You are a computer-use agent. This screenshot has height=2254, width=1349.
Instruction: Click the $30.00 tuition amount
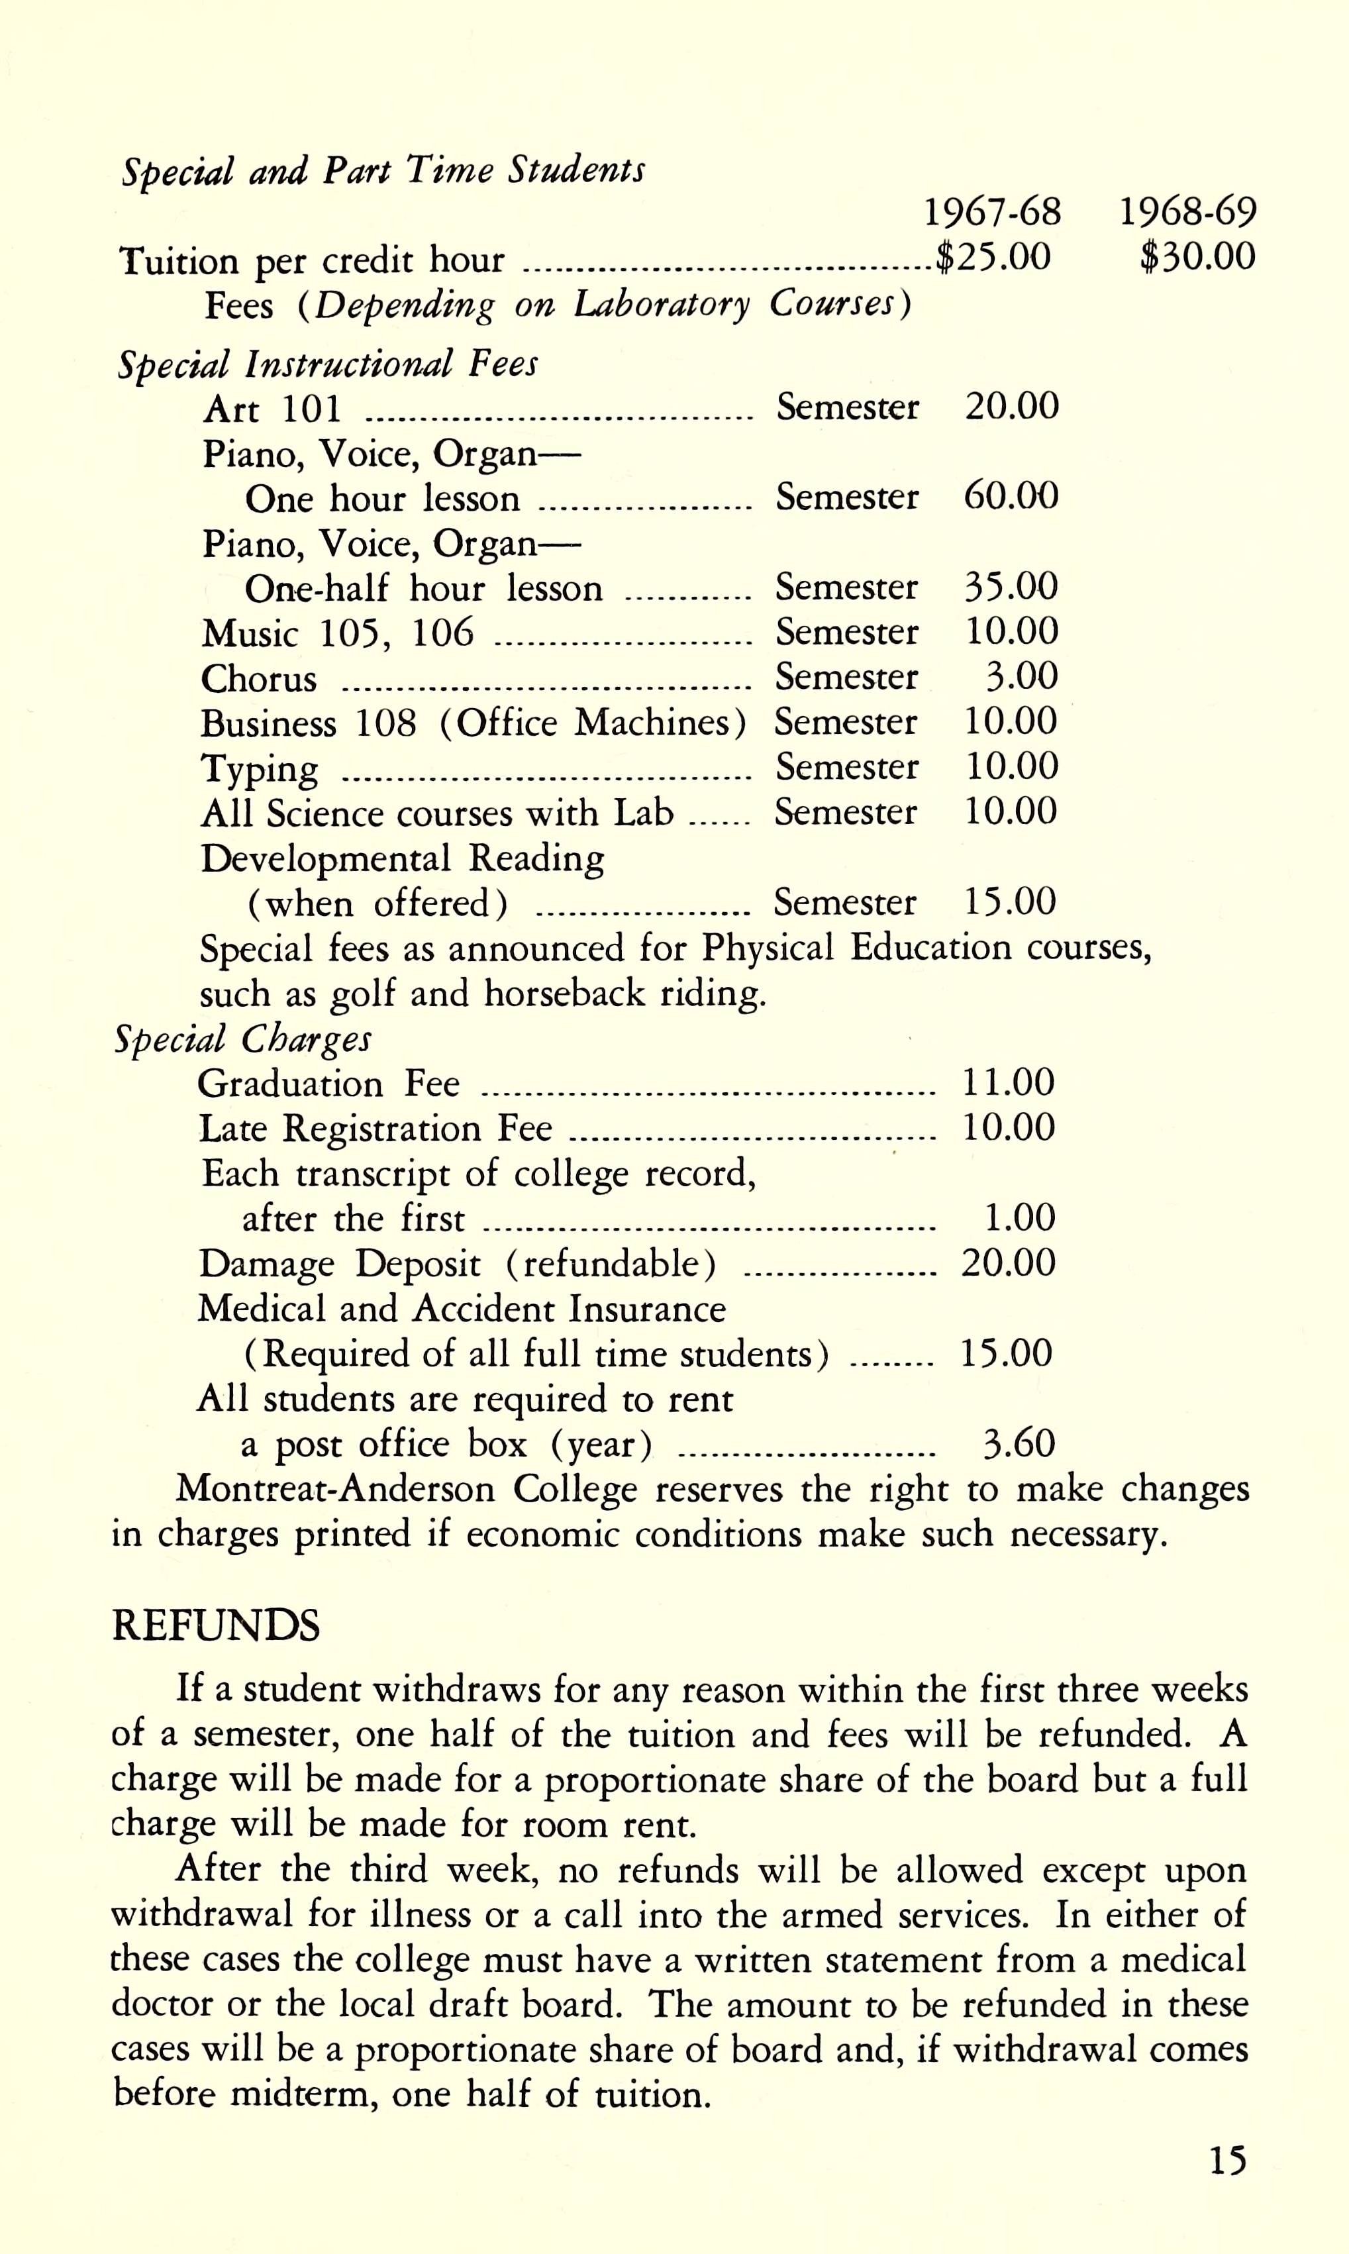coord(1197,257)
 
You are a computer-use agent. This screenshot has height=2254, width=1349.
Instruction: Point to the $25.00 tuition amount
coord(993,257)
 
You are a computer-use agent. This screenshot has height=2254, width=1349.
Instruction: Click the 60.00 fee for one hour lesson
coord(1011,497)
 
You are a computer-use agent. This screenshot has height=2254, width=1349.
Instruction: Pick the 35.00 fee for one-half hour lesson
coord(1011,586)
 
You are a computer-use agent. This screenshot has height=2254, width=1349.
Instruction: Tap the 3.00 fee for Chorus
coord(1022,676)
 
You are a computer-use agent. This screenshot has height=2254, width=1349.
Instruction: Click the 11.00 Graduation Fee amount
coord(1008,1082)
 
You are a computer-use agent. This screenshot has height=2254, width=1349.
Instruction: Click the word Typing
coord(260,769)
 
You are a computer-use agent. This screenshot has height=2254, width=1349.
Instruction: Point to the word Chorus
coord(259,679)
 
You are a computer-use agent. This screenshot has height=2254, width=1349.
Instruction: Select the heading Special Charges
coord(242,1039)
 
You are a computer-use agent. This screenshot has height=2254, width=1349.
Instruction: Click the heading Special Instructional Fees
coord(327,364)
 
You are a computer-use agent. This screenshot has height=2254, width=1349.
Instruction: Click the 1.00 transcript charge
coord(1020,1217)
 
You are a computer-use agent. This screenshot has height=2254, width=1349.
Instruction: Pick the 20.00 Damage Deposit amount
coord(1008,1263)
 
